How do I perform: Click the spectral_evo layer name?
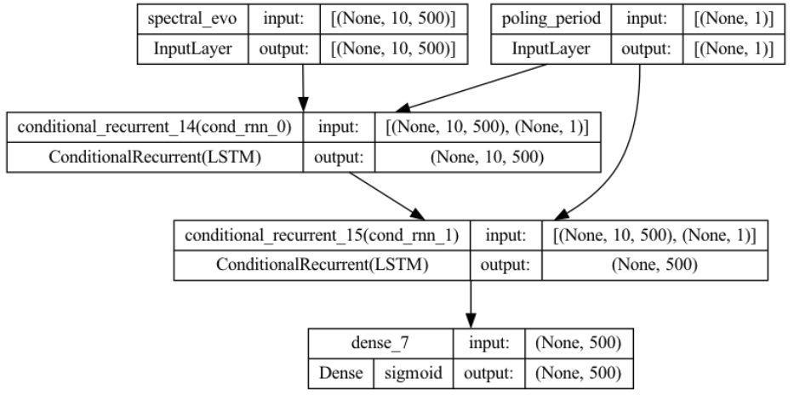click(x=192, y=19)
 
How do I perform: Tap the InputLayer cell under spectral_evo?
click(x=192, y=49)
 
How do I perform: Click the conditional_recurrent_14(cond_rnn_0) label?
click(x=153, y=127)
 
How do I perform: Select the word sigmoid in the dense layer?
click(x=412, y=373)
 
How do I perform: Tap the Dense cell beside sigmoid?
click(x=339, y=373)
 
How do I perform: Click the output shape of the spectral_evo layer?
click(x=393, y=49)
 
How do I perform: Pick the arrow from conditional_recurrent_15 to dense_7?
click(x=470, y=303)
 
